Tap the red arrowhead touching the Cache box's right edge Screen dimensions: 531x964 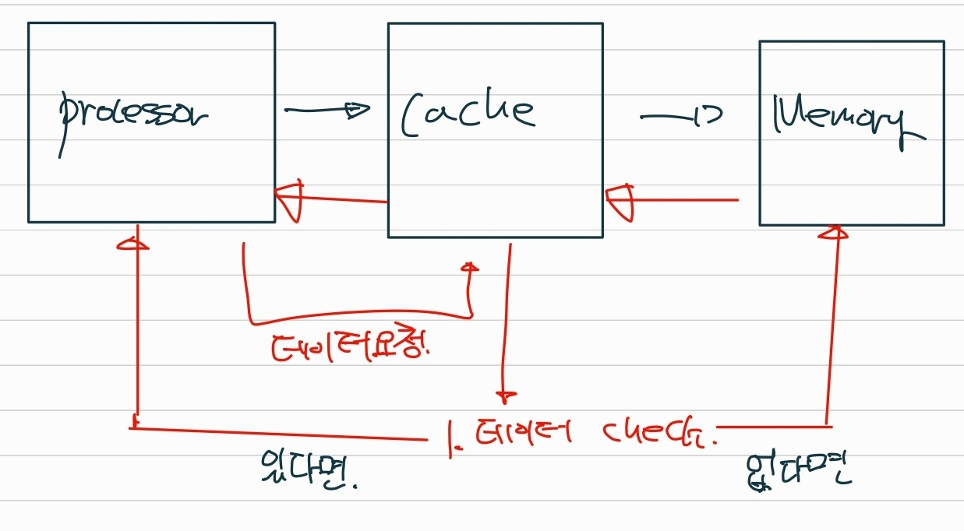pyautogui.click(x=621, y=201)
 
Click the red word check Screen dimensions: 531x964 pyautogui.click(x=659, y=433)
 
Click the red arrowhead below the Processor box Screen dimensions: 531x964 pyautogui.click(x=133, y=244)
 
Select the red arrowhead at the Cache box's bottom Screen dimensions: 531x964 pyautogui.click(x=470, y=268)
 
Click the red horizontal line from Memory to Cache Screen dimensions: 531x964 pyautogui.click(x=686, y=200)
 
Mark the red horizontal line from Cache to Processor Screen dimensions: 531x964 pyautogui.click(x=343, y=199)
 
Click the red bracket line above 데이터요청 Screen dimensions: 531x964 pyautogui.click(x=358, y=318)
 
